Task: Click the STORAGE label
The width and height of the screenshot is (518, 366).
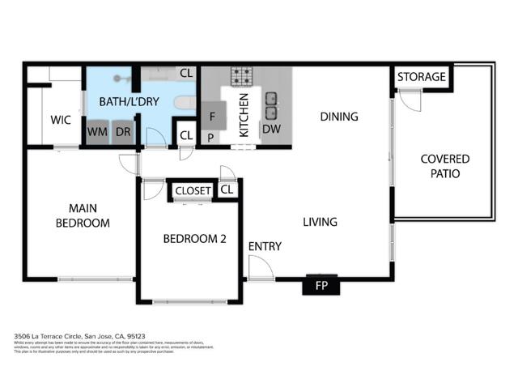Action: pyautogui.click(x=421, y=77)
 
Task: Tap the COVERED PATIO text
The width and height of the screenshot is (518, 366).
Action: pyautogui.click(x=444, y=166)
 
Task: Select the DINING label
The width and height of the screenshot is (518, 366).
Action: pyautogui.click(x=338, y=117)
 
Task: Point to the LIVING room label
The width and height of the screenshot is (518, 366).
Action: pyautogui.click(x=320, y=222)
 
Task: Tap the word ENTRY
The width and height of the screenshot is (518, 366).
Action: pyautogui.click(x=265, y=246)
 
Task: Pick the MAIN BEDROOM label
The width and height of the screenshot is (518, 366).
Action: pyautogui.click(x=82, y=215)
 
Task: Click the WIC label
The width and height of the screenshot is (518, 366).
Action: pyautogui.click(x=61, y=120)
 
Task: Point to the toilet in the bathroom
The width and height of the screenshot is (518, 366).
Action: pyautogui.click(x=185, y=103)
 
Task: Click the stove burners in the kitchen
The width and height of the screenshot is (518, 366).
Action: pyautogui.click(x=242, y=77)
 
